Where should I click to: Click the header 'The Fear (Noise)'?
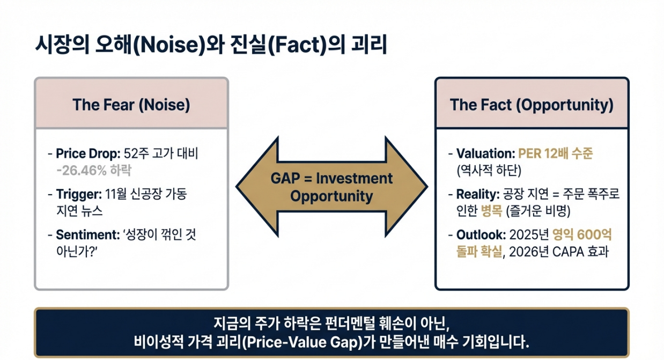tap(131, 105)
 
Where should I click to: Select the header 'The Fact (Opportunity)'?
tap(531, 105)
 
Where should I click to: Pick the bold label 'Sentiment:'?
tap(87, 234)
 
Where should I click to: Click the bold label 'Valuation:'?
tap(485, 154)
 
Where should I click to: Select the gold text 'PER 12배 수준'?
tap(556, 154)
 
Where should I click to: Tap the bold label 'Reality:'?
tap(476, 194)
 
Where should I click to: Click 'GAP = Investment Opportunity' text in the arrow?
tap(331, 187)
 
